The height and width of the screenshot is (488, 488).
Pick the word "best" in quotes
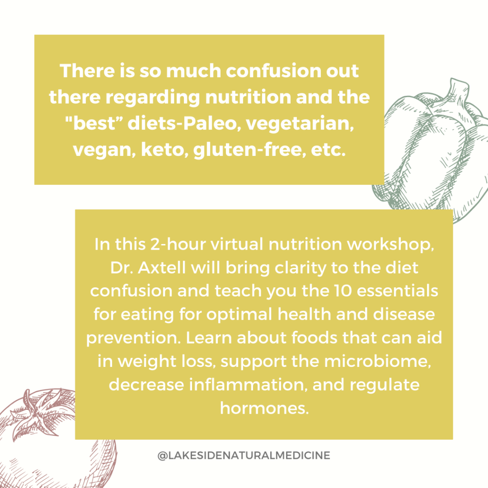click(x=94, y=123)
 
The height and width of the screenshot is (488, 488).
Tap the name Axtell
click(x=162, y=268)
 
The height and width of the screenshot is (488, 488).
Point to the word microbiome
click(x=377, y=361)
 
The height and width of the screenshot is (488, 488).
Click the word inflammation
click(x=246, y=385)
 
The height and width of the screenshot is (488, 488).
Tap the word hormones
click(x=264, y=408)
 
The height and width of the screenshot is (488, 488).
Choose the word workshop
click(x=390, y=244)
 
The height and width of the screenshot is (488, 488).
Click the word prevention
click(x=133, y=338)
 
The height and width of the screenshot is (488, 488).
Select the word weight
click(x=147, y=362)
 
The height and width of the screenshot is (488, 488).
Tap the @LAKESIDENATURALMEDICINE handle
click(x=244, y=455)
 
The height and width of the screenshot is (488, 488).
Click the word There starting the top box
click(x=87, y=71)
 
